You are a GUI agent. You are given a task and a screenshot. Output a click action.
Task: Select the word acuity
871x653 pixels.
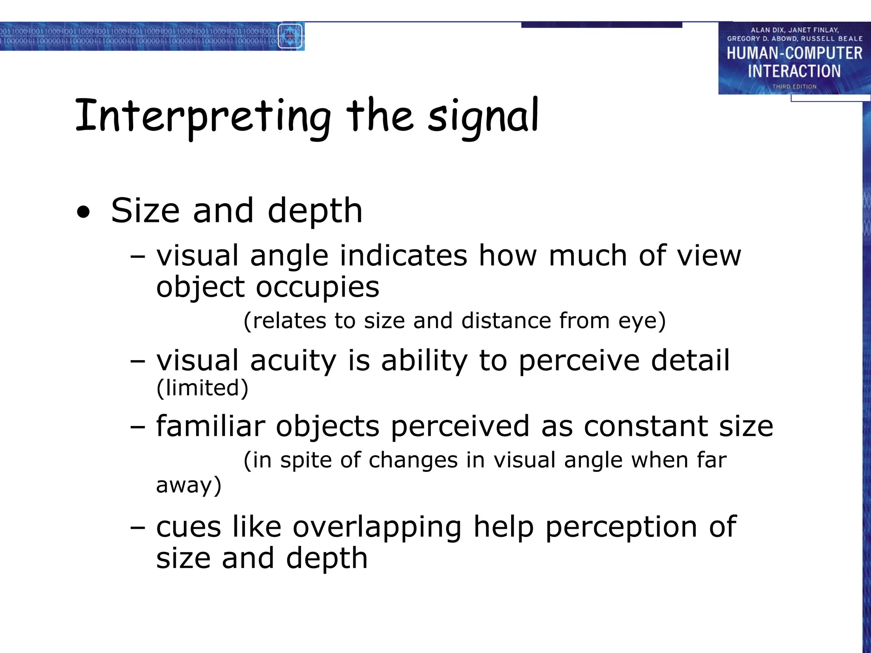(293, 361)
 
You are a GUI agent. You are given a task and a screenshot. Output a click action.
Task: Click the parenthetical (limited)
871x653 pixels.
(202, 388)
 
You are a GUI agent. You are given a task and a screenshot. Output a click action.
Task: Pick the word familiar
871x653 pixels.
(211, 426)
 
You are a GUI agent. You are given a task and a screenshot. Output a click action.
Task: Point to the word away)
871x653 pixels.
(189, 485)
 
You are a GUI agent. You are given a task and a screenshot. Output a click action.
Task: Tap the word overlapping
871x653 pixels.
(377, 527)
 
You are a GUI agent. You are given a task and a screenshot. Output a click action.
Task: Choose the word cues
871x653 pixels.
(188, 527)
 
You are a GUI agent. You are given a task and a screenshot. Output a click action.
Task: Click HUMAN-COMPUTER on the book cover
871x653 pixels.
(794, 54)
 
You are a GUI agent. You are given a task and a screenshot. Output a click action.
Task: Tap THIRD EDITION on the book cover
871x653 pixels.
(794, 87)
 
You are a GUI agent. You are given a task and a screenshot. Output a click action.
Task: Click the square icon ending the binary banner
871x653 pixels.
(290, 36)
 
